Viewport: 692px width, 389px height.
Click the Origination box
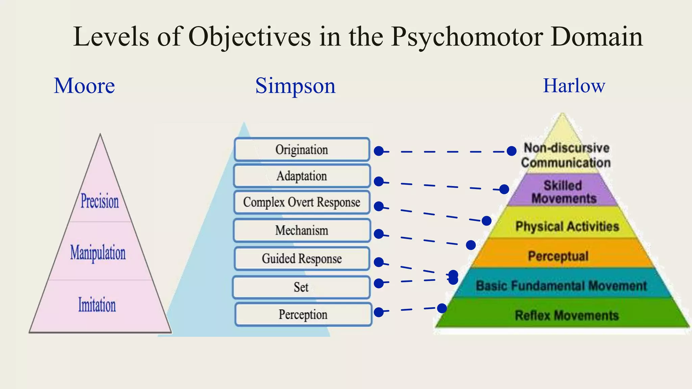pyautogui.click(x=302, y=149)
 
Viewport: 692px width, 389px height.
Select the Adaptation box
pyautogui.click(x=302, y=176)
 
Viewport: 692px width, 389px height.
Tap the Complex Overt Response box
pyautogui.click(x=302, y=202)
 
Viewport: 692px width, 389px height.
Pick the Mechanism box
pyautogui.click(x=302, y=230)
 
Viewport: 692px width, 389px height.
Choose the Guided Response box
pyautogui.click(x=302, y=259)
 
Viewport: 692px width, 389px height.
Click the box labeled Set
pyautogui.click(x=301, y=287)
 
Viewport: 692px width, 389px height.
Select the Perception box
pyautogui.click(x=303, y=314)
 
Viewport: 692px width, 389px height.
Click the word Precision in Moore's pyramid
pyautogui.click(x=100, y=201)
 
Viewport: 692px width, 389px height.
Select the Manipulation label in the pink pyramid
pyautogui.click(x=98, y=253)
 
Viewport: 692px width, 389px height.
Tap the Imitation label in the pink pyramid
pyautogui.click(x=97, y=305)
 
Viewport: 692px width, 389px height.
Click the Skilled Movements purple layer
pyautogui.click(x=563, y=191)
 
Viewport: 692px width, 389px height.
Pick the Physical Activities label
pyautogui.click(x=567, y=226)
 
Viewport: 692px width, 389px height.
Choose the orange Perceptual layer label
pyautogui.click(x=558, y=256)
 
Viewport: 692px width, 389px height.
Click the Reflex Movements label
pyautogui.click(x=567, y=315)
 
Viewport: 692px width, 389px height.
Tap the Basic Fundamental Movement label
pyautogui.click(x=561, y=286)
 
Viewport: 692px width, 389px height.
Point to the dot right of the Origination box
pyautogui.click(x=379, y=151)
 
